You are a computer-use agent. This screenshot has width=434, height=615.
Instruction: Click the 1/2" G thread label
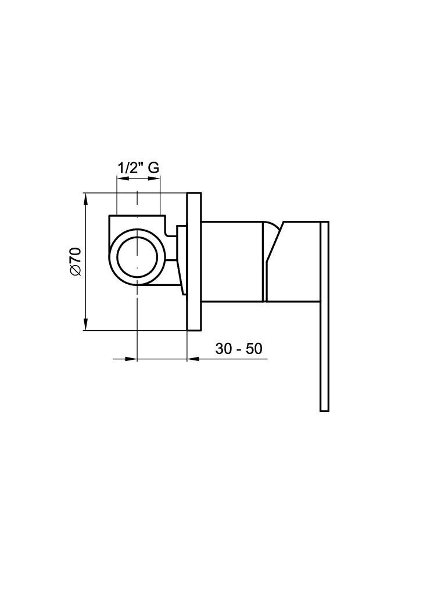138,168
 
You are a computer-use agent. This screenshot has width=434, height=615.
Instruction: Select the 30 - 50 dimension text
238,348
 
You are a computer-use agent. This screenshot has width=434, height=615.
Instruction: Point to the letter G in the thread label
154,168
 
